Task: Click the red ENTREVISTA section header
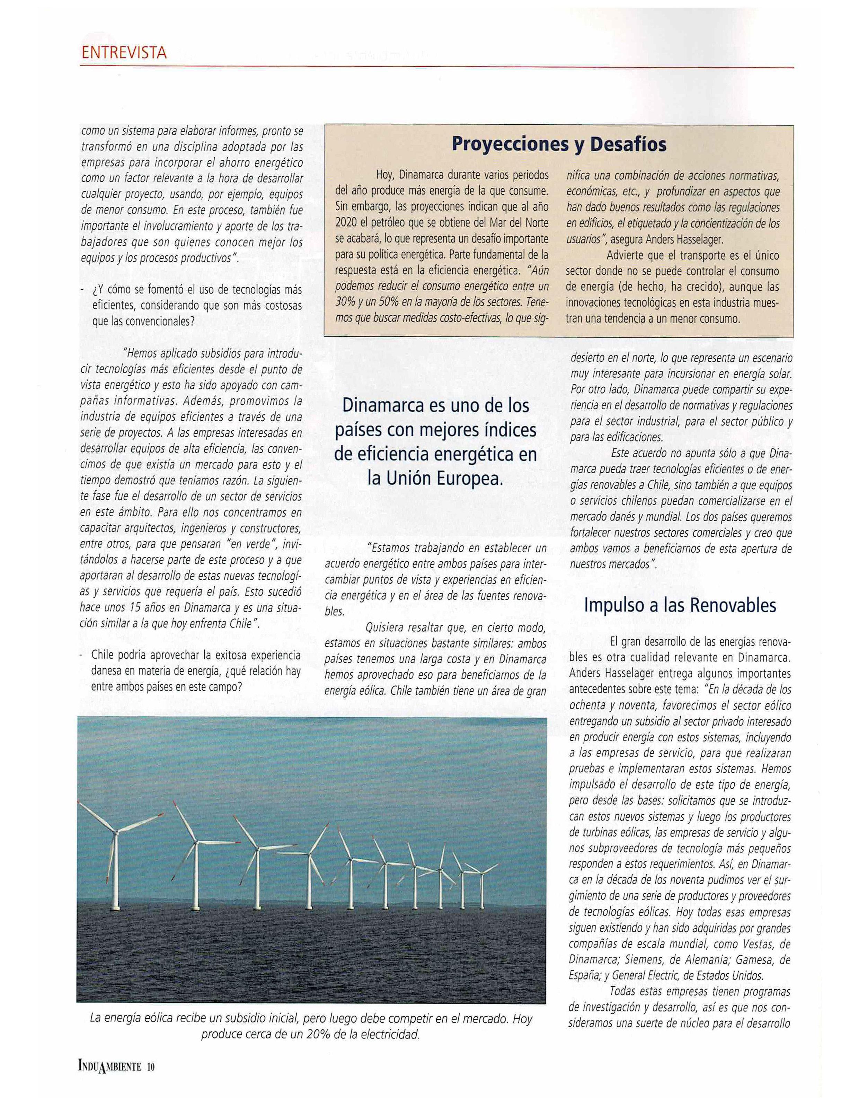pyautogui.click(x=124, y=53)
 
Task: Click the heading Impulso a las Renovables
pyautogui.click(x=680, y=605)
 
